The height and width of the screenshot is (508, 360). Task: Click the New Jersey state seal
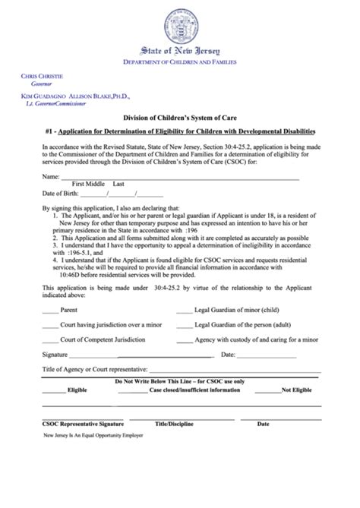point(179,22)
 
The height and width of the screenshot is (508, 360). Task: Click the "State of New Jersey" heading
point(180,50)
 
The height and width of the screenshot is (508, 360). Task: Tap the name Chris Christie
point(42,77)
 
